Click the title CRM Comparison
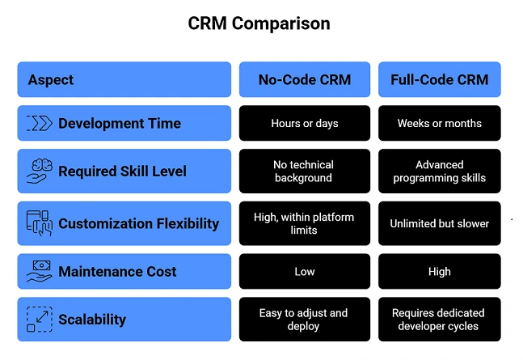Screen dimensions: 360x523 coord(259,23)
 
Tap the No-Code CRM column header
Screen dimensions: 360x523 coord(304,79)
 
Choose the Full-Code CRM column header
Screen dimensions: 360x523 coord(439,79)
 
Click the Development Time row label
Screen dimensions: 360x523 coord(119,124)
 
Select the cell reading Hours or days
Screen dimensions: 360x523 coord(304,124)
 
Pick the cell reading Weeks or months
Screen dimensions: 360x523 coord(439,124)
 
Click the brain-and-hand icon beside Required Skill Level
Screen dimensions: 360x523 coord(39,171)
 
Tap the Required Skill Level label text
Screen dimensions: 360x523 coord(122,171)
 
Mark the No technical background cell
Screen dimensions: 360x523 coord(304,171)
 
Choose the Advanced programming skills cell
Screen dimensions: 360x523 coord(439,171)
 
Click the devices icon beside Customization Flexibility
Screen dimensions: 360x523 coord(39,223)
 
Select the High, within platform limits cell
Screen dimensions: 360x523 coord(304,223)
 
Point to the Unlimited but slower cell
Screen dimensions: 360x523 coord(439,223)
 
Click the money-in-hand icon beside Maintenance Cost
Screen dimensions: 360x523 coord(39,272)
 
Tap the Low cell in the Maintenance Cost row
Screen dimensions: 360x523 coord(304,272)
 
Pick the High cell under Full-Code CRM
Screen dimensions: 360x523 coord(439,272)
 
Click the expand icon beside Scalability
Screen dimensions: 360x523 coord(39,320)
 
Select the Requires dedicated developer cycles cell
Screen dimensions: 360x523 coord(439,320)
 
